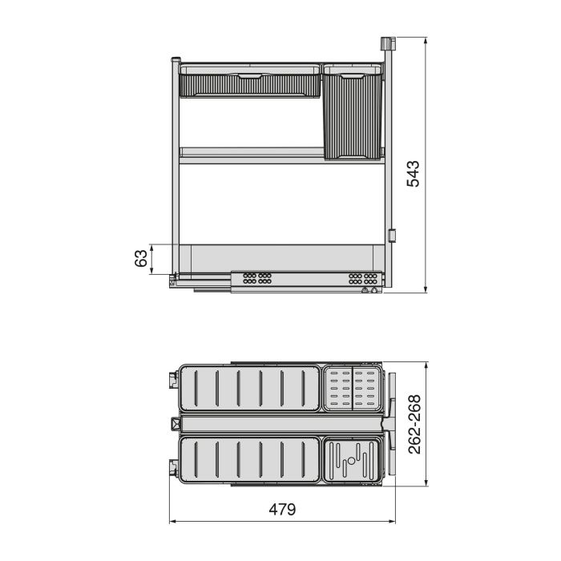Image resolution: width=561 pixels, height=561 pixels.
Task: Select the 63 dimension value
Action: [x=141, y=259]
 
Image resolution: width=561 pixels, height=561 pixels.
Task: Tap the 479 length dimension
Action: [x=281, y=510]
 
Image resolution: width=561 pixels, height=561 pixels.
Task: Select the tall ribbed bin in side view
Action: [x=351, y=116]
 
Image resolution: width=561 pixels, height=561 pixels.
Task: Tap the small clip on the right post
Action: [x=392, y=236]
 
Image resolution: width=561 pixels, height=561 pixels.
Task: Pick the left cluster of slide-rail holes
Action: [x=256, y=279]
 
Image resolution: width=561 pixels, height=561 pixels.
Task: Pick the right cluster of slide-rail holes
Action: [x=362, y=279]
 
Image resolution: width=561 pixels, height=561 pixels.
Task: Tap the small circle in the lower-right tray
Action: [x=349, y=462]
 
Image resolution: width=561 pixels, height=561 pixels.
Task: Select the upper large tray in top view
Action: [x=250, y=389]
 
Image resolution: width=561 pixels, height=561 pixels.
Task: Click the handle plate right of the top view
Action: [x=392, y=421]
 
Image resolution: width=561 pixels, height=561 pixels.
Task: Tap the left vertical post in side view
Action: [x=176, y=168]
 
